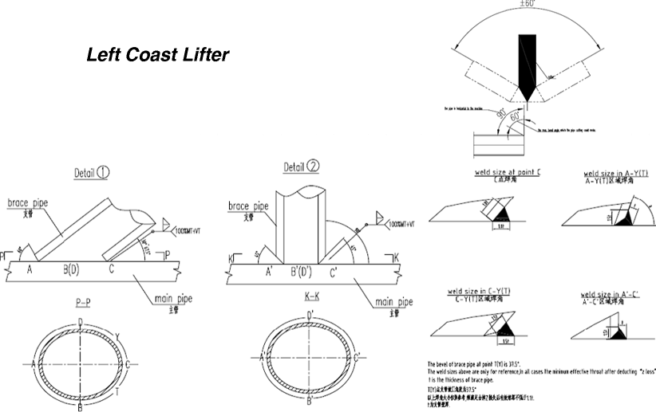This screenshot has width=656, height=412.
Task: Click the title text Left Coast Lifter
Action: (157, 56)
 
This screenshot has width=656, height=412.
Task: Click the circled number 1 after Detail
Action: (103, 173)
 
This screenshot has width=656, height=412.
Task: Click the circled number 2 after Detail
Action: (314, 167)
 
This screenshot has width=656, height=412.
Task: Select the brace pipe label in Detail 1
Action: (29, 204)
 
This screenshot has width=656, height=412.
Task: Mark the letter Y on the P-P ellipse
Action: (117, 335)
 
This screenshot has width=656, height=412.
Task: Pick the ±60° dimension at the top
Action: (528, 4)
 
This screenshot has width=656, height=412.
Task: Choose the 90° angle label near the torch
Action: (500, 116)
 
